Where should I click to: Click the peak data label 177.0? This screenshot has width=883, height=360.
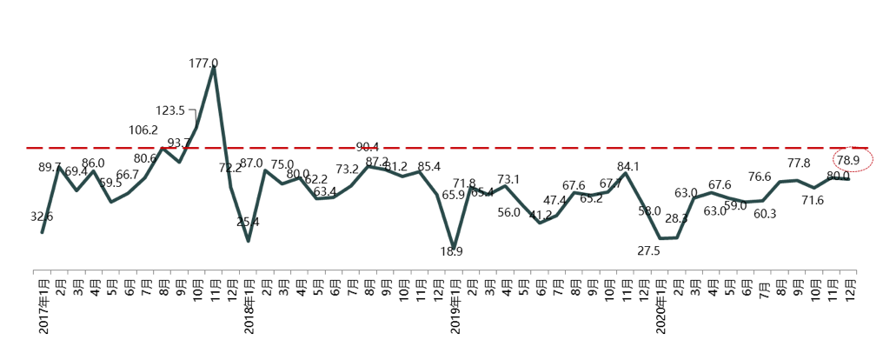coord(203,63)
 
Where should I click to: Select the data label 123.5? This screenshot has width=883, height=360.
coord(170,110)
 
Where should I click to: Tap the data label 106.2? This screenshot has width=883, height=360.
coord(143,130)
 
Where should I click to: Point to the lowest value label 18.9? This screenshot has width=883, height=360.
coord(451,251)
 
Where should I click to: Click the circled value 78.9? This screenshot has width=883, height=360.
coord(847,160)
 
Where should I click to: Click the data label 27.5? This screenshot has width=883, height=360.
coord(649,250)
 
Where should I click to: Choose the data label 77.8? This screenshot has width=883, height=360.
coord(799,163)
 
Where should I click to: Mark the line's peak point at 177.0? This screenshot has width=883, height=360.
coord(214,69)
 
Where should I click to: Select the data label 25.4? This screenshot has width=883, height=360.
coord(248,222)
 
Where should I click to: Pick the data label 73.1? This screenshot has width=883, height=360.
coord(508,180)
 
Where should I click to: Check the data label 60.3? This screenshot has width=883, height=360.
coord(765,214)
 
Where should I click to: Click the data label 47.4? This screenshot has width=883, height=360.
coord(554,201)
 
